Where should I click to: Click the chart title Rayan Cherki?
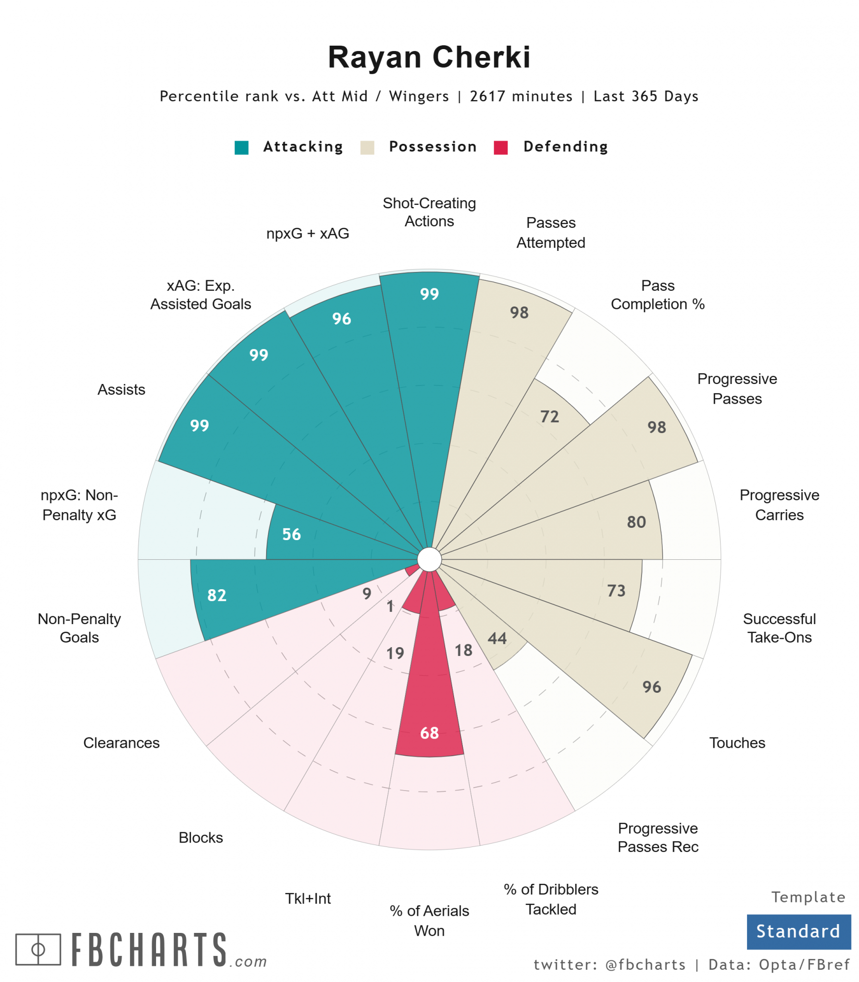(429, 57)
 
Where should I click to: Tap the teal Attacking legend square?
(242, 147)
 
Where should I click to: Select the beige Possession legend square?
(367, 147)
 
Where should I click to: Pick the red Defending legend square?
(501, 147)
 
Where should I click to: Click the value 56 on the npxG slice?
(291, 534)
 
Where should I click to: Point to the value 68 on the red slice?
(429, 733)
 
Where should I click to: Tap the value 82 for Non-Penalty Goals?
(216, 595)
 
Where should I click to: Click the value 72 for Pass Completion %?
(549, 416)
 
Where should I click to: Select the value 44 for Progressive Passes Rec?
(497, 638)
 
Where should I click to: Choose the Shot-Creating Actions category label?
(429, 212)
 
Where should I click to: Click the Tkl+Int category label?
(308, 899)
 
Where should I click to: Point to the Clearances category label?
(121, 743)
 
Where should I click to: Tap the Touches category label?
(737, 743)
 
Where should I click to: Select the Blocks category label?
(201, 838)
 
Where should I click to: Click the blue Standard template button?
(798, 931)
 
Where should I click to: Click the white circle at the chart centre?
(429, 560)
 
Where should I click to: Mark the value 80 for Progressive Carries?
(636, 522)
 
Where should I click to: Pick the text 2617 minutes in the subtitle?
(521, 96)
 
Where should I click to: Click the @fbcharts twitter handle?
(645, 965)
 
